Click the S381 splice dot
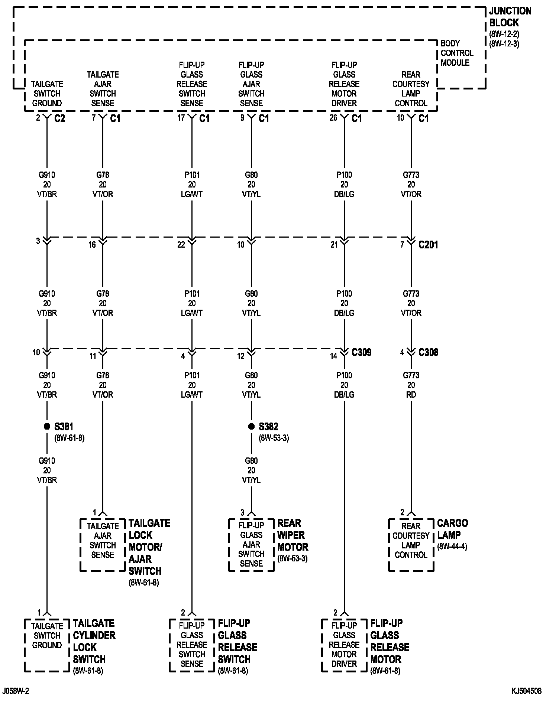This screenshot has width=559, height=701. [x=47, y=427]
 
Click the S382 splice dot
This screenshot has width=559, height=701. [x=251, y=427]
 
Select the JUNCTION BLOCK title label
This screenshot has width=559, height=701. [x=510, y=17]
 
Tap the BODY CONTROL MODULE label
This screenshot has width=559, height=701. [x=457, y=53]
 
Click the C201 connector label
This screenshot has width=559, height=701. [x=428, y=245]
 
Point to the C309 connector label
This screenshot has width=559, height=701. [x=361, y=352]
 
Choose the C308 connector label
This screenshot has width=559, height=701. [x=428, y=352]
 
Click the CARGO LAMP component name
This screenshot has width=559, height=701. [x=452, y=529]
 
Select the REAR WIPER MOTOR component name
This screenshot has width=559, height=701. [x=293, y=535]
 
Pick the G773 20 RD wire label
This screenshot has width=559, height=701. [x=411, y=385]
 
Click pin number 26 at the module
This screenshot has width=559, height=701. [x=333, y=118]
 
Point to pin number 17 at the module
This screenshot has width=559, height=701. [x=181, y=118]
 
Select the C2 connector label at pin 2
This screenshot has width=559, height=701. [x=59, y=118]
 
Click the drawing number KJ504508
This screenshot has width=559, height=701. [x=526, y=691]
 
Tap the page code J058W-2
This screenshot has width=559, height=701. [x=16, y=691]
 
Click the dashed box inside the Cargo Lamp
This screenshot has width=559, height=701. [x=411, y=545]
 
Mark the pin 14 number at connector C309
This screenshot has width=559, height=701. [x=333, y=356]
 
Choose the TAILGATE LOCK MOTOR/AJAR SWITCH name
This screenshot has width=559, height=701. [x=149, y=547]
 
